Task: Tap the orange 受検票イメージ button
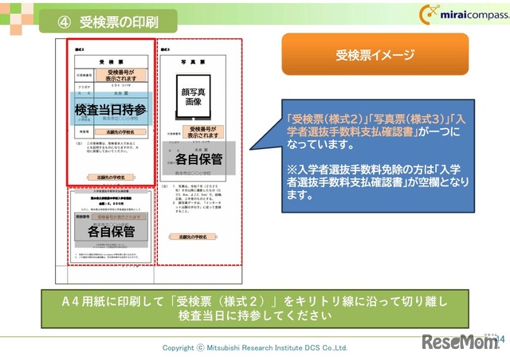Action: [x=375, y=55]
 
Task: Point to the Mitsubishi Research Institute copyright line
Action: [x=255, y=347]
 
